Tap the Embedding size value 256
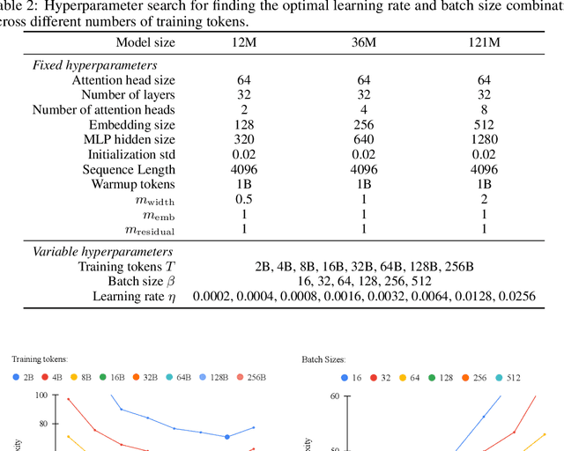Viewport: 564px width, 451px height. coord(363,125)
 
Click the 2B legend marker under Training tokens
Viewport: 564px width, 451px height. coord(17,377)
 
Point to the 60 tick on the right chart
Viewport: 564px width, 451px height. coord(335,396)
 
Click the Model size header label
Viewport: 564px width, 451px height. coord(145,42)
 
